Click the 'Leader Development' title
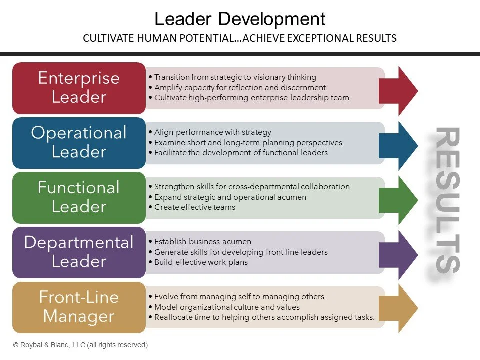[240, 19]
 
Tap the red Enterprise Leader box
[79, 88]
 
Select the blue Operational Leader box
[79, 142]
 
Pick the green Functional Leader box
[79, 197]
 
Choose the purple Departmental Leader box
[79, 252]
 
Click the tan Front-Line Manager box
[79, 307]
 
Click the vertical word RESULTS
[446, 200]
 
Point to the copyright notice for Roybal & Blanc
[80, 345]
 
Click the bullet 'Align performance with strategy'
[212, 132]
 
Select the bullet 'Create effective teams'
[194, 207]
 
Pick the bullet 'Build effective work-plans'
[201, 262]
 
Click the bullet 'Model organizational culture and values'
[227, 307]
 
